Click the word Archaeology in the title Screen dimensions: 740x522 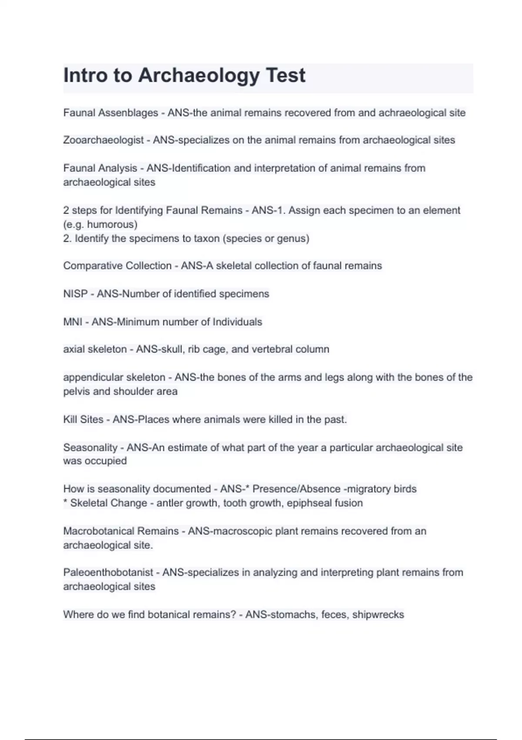pos(198,76)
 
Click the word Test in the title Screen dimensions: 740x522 pos(285,75)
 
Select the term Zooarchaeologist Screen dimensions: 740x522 pos(103,140)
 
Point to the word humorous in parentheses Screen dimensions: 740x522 pos(112,225)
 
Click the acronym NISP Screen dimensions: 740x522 pos(75,294)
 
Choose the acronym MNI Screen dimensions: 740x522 pos(73,322)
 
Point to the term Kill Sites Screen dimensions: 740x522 pos(83,420)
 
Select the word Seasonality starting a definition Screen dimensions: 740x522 pos(90,447)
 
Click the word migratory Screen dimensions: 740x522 pos(368,489)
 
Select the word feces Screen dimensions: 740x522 pos(334,615)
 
